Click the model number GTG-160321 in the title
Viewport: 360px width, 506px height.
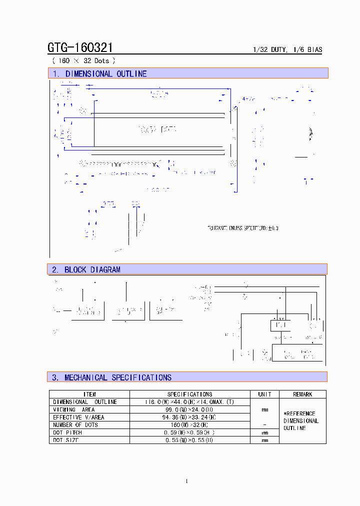(x=80, y=48)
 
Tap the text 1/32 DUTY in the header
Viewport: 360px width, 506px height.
(x=269, y=50)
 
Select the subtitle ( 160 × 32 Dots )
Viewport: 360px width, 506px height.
(x=83, y=60)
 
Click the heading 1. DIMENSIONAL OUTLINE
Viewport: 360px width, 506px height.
(x=99, y=73)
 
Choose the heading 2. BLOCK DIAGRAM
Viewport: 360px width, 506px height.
(x=86, y=269)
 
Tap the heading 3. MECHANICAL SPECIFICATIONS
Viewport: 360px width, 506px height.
(x=111, y=377)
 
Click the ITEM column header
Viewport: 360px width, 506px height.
(x=89, y=394)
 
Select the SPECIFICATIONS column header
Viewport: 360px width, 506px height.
(x=189, y=394)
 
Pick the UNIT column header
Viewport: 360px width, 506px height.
(x=264, y=394)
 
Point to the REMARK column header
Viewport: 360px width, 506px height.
(x=302, y=394)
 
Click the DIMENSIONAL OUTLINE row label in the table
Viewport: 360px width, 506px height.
(x=85, y=401)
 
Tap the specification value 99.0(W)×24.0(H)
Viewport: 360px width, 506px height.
(x=189, y=409)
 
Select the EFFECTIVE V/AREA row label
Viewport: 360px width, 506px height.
(x=78, y=417)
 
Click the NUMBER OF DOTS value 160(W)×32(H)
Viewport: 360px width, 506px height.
(x=189, y=424)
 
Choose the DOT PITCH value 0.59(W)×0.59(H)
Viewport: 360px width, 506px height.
(x=189, y=432)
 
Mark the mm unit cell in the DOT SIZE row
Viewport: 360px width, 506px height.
(x=264, y=440)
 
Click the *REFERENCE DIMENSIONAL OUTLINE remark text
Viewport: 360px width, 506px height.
(x=301, y=420)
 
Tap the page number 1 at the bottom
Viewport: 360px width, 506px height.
(x=186, y=481)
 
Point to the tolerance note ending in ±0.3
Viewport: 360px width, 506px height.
(x=242, y=228)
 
